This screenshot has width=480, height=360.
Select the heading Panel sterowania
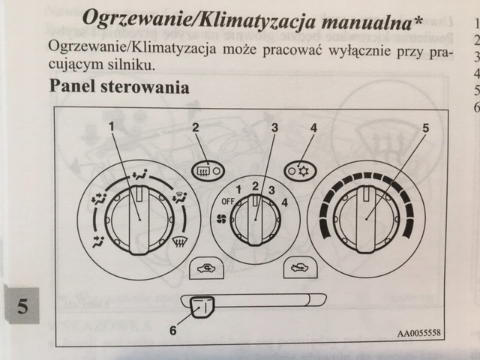coord(119,86)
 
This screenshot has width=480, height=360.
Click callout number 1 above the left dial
coord(111,126)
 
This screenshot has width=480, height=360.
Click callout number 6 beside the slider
coord(174,329)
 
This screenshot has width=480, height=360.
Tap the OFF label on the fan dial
coord(228,201)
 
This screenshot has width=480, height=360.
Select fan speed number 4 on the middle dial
coord(284,201)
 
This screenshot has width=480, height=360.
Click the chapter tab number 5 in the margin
coord(22,307)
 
